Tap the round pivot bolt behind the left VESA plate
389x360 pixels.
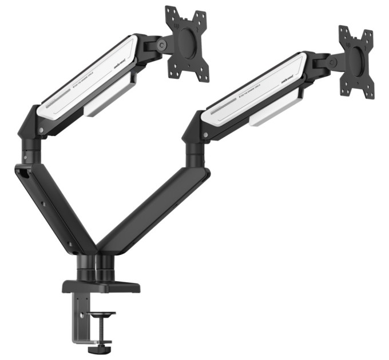pos(162,45)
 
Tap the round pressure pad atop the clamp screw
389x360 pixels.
pos(101,314)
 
